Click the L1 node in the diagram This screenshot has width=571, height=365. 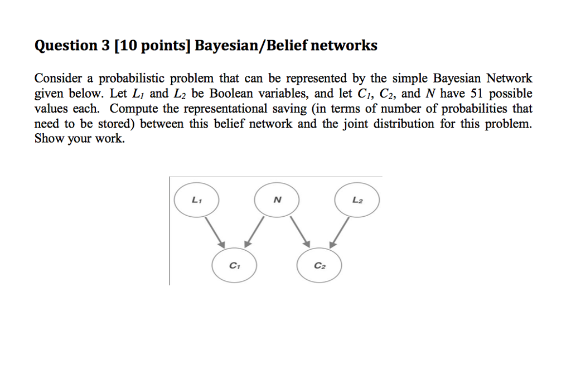tap(196, 199)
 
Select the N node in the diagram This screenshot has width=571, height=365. tap(277, 199)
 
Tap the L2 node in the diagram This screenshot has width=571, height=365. tap(357, 199)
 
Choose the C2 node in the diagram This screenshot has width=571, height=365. tap(318, 265)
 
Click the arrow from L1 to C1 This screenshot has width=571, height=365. tap(214, 232)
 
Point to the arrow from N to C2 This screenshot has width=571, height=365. tap(298, 232)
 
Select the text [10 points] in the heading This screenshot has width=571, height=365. tap(151, 46)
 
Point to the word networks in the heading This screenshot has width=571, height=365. tap(344, 46)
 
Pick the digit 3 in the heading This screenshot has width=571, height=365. tap(103, 46)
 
